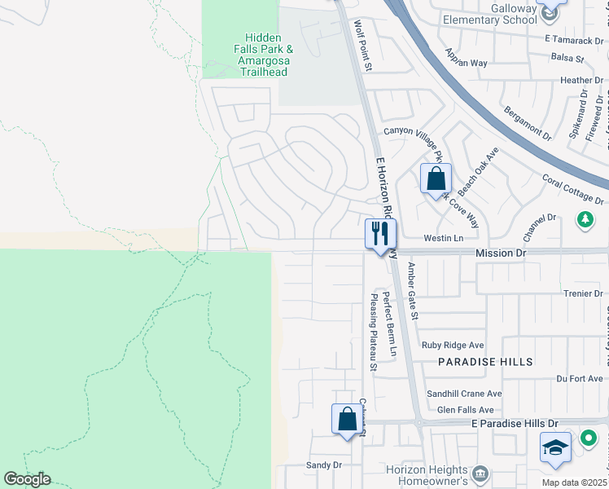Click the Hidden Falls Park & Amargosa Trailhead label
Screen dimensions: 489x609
click(262, 55)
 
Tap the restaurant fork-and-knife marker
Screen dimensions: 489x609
click(380, 234)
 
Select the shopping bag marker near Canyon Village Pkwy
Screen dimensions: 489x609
click(436, 178)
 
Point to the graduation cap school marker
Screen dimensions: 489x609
click(556, 448)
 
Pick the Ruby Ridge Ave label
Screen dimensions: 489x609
click(453, 345)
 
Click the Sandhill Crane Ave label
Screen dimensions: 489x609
click(465, 394)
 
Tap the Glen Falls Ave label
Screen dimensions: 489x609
click(466, 410)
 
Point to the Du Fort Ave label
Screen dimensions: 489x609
click(579, 378)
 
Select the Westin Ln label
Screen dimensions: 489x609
click(443, 238)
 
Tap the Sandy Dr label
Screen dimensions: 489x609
click(323, 465)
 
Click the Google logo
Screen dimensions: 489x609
click(27, 479)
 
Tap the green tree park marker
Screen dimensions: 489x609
click(585, 219)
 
